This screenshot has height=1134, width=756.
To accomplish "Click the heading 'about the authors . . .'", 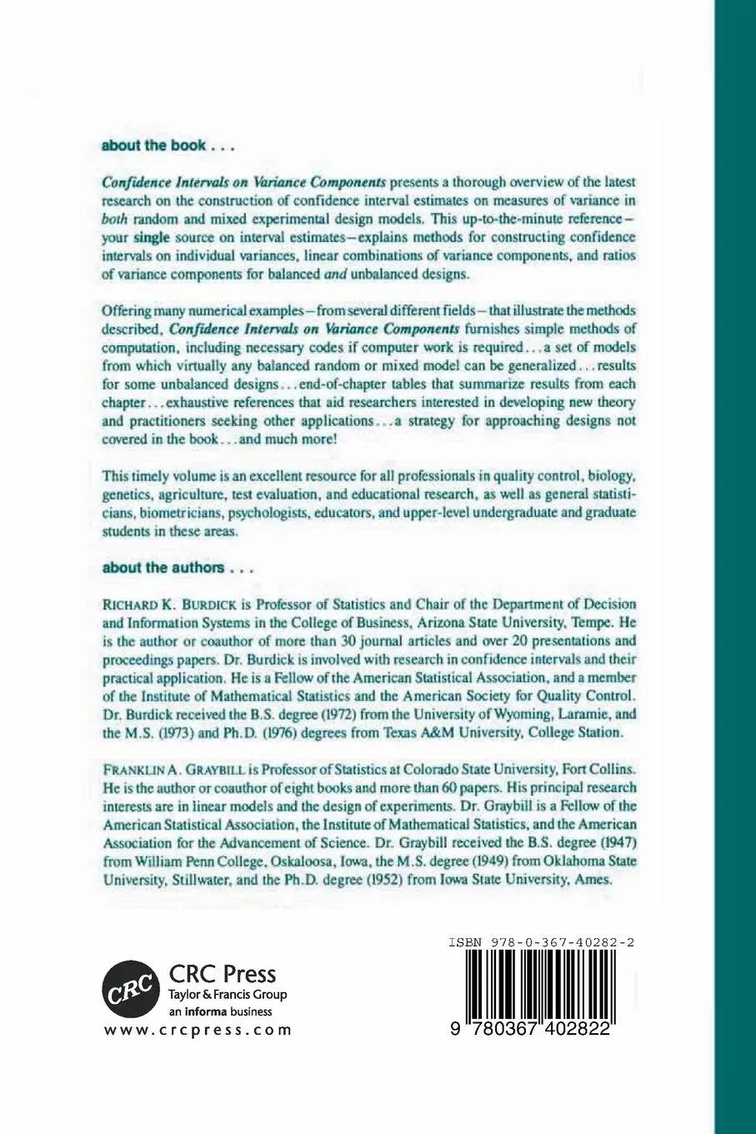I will [x=176, y=568].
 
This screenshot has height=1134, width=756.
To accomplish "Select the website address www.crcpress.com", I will [x=198, y=1030].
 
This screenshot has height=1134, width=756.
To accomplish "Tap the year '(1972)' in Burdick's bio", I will [x=347, y=715].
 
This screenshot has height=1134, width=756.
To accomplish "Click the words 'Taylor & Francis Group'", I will [x=228, y=995].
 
